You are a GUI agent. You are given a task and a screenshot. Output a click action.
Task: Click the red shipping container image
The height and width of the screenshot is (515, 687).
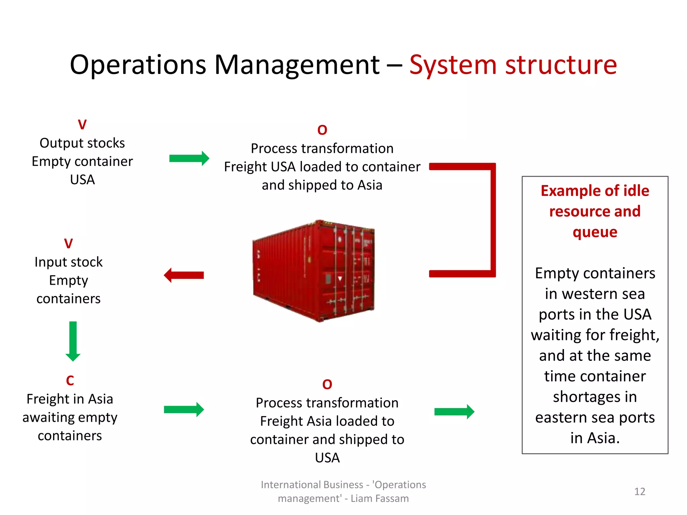pos(314,271)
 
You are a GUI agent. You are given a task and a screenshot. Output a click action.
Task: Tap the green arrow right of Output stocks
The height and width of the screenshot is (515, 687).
pos(189,158)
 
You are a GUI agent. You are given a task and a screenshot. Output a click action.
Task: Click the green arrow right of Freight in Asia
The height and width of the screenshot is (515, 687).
pos(184,409)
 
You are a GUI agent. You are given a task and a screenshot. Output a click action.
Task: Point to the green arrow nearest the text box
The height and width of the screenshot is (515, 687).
pos(454,412)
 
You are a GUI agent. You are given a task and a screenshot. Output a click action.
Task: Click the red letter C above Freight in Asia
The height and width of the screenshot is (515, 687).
pos(70,381)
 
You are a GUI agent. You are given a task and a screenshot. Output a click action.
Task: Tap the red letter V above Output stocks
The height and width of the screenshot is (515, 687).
pos(82,125)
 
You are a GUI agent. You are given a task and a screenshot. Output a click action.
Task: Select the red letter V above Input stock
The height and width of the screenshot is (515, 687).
pos(68,244)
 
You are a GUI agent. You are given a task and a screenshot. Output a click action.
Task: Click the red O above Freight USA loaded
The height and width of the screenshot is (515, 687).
pos(322,130)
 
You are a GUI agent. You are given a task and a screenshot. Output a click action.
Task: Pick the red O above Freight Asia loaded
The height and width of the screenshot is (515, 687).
pos(327,385)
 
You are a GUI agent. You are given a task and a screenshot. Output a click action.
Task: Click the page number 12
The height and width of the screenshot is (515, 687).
pos(639,492)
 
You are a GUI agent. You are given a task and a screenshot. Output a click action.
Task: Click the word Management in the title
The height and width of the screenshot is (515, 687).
pos(297,65)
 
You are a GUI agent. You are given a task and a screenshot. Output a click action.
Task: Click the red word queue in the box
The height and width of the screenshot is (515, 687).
pos(595,232)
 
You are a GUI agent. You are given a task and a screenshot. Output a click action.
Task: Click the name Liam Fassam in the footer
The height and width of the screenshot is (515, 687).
pos(380,499)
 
